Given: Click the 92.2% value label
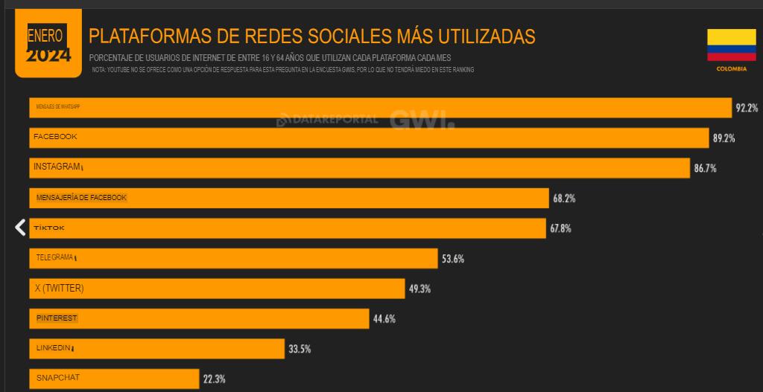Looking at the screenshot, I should point(747,108).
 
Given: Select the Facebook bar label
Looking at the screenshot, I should point(55,137).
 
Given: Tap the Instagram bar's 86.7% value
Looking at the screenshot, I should point(705,168).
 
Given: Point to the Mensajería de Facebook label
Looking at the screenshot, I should point(81,198).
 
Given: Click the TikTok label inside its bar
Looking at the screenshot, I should point(49,228).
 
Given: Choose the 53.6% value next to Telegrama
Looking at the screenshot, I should point(453,259).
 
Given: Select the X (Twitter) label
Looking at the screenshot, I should point(59,288).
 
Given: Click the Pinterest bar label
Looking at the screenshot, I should point(57,318).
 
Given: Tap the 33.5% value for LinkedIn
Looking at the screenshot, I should point(300,349).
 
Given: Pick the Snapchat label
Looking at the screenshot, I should point(58,378).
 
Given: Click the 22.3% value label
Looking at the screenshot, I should point(214,379).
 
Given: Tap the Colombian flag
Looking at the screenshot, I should point(731,45).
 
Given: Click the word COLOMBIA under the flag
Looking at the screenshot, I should point(731,68).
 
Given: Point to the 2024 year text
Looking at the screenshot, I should point(48,55).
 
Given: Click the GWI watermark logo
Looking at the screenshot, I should point(421,119).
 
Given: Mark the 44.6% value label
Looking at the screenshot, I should point(384,319).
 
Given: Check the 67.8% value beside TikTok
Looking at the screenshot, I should point(560,228).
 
